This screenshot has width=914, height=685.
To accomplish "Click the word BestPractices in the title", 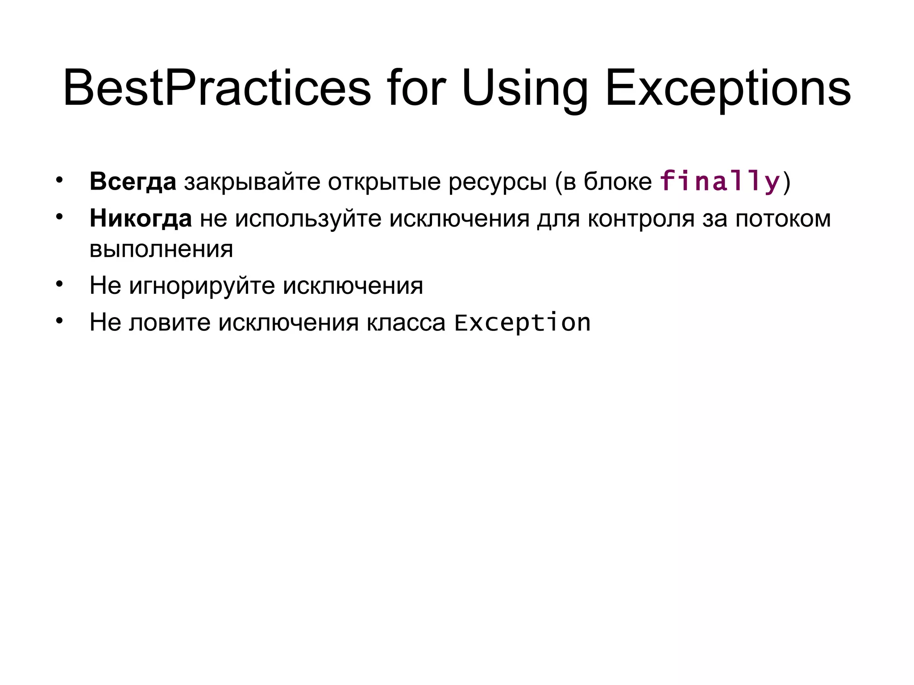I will pos(217,88).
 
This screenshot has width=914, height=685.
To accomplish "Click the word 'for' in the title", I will pos(416,88).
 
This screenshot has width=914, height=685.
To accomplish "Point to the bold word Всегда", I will pos(133,182).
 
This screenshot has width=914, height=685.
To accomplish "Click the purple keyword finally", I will pos(720,182).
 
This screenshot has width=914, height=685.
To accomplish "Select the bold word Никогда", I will pos(141,219).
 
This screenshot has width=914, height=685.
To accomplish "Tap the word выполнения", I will pos(161,249).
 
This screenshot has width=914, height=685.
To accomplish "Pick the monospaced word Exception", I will pos(522,322).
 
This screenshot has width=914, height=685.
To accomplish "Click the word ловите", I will pos(170,322).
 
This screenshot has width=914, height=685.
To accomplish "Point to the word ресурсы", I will pos(497,182).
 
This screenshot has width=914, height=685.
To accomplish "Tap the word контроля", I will pos(641,219).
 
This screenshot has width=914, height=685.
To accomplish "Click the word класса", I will pos(406,322).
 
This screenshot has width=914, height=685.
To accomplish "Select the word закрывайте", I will pos(252,182).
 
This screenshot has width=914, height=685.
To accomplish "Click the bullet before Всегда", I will pos(59,181).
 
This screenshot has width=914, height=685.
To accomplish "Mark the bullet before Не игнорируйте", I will pos(59,284).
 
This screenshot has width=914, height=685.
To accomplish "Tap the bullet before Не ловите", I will pos(59,321).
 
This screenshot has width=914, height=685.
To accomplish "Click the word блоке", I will pos(618,182).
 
